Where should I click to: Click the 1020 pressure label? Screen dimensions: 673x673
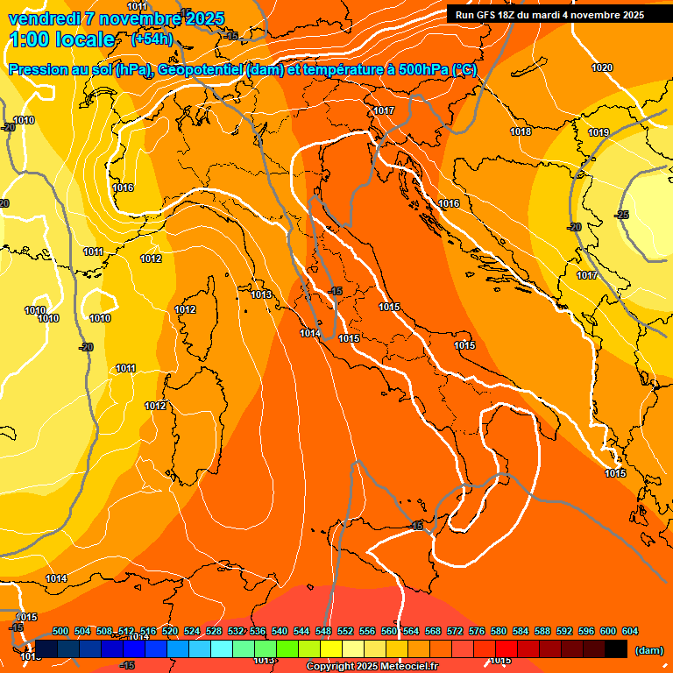coord(602,67)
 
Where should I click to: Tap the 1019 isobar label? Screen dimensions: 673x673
coord(599,132)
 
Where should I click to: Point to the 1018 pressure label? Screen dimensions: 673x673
coord(521,131)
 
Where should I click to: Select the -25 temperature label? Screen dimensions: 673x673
coord(622,215)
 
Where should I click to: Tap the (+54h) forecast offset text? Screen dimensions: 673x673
coord(152,39)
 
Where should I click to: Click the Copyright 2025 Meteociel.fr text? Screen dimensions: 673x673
coord(372,667)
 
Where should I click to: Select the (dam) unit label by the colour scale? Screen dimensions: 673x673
coord(648,649)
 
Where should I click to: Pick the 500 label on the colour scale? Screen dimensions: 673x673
coord(60,631)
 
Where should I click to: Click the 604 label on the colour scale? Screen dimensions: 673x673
coord(630,631)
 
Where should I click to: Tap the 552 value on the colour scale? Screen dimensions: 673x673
coord(345,631)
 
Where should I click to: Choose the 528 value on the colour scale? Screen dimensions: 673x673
coord(214,631)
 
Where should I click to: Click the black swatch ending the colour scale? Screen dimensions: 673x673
coord(616,648)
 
